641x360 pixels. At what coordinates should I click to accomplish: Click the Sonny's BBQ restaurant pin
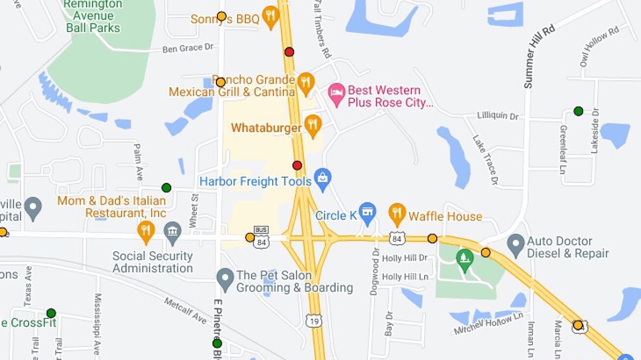click(x=270, y=16)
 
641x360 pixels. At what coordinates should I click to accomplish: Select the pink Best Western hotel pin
click(x=336, y=93)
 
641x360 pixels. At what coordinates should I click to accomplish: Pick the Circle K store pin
click(x=367, y=212)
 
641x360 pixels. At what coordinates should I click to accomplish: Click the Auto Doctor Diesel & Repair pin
click(x=516, y=244)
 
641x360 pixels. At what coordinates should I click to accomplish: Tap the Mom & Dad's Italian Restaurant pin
click(x=146, y=231)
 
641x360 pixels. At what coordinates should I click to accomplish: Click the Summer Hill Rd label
click(x=539, y=56)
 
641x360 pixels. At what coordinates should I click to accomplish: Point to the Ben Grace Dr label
click(x=188, y=48)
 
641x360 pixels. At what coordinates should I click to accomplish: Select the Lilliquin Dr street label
click(x=498, y=116)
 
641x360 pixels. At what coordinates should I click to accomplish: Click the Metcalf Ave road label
click(x=186, y=310)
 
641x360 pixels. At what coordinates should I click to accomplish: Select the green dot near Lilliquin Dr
click(x=578, y=111)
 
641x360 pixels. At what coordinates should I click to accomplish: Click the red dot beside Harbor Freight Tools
click(x=297, y=165)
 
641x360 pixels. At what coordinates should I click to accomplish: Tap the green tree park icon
click(x=464, y=257)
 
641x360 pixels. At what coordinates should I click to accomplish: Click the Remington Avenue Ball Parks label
click(x=93, y=16)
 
